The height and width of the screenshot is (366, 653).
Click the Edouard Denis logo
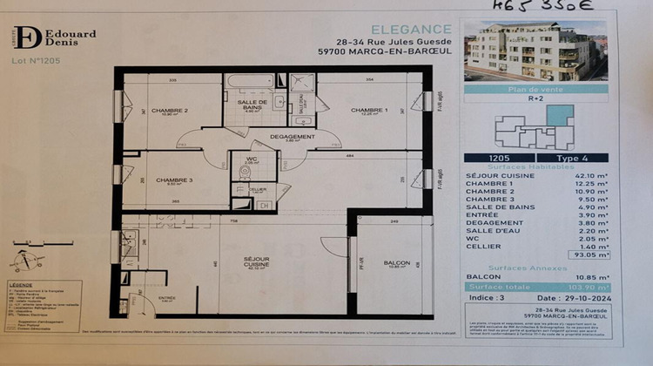62,37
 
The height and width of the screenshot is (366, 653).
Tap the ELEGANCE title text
412,29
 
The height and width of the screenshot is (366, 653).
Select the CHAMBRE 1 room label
368,111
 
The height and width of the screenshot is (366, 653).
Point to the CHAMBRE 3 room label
173,180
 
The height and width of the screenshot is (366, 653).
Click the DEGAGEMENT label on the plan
292,137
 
